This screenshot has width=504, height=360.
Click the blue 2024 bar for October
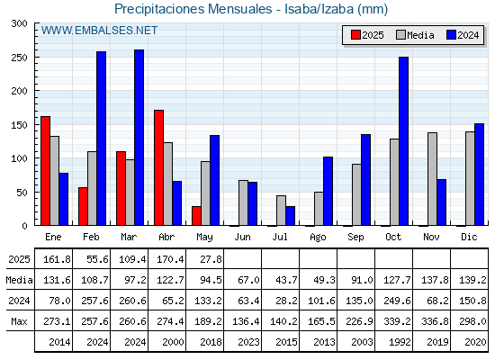[404, 141]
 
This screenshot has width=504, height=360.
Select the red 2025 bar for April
[158, 167]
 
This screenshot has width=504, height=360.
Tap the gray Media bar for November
[432, 179]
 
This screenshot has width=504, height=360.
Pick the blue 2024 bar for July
[290, 216]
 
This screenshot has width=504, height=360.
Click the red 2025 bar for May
[197, 216]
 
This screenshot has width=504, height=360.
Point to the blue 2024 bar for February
[101, 139]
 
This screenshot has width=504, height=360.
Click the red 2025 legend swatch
[355, 35]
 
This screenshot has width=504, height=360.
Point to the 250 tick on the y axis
[20, 58]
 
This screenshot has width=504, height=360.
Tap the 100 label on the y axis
[20, 158]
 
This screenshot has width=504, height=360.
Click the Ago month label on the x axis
[318, 238]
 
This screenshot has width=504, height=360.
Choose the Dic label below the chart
[469, 237]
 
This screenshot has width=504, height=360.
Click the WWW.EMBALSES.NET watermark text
[99, 31]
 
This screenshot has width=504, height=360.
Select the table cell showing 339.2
[397, 321]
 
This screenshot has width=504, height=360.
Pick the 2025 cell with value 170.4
[170, 259]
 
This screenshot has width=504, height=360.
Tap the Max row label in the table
[19, 321]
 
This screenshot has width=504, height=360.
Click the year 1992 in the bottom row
[400, 342]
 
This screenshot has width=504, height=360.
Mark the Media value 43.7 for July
[286, 280]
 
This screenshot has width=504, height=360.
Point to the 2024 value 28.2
[286, 301]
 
